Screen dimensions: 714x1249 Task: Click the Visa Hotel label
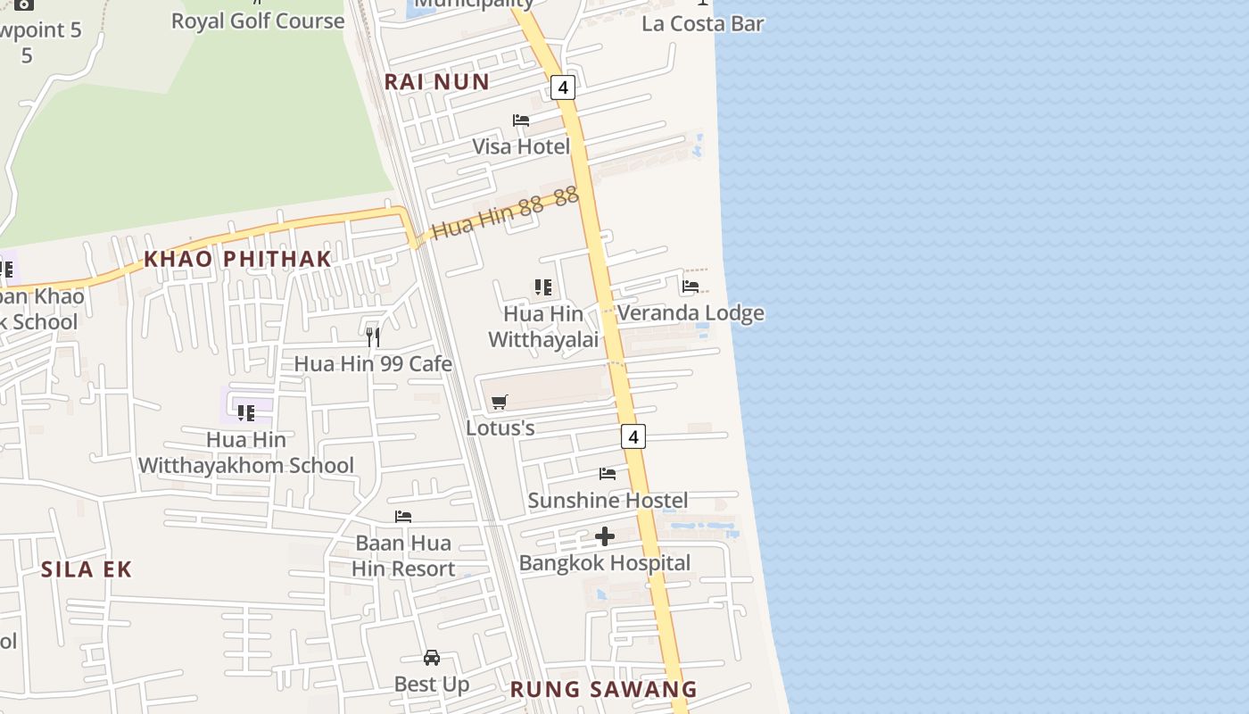(521, 146)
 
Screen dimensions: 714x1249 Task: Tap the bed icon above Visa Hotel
(521, 120)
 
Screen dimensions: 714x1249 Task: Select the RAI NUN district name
(437, 82)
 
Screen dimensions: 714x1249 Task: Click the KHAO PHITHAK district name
(237, 259)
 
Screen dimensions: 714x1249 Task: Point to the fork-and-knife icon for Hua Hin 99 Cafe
(373, 337)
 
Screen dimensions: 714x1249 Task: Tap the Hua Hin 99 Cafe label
(373, 364)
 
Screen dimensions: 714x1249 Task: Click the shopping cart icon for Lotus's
(500, 403)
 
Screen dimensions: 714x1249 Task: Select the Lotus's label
(500, 428)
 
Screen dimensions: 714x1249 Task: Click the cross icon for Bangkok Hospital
(605, 536)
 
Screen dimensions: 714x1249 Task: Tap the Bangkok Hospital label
(605, 563)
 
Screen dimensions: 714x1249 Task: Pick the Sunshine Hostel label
(608, 501)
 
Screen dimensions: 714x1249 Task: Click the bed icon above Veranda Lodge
(691, 287)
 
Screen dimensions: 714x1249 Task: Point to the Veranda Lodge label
(691, 313)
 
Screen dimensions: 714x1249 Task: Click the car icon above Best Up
(432, 658)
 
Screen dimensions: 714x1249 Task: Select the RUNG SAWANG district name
(603, 689)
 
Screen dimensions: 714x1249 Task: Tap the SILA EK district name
(87, 569)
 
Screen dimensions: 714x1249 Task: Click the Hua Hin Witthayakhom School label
(246, 452)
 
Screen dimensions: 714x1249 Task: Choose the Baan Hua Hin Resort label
(403, 556)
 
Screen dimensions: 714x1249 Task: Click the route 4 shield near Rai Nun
(562, 87)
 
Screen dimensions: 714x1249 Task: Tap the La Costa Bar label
(703, 23)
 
